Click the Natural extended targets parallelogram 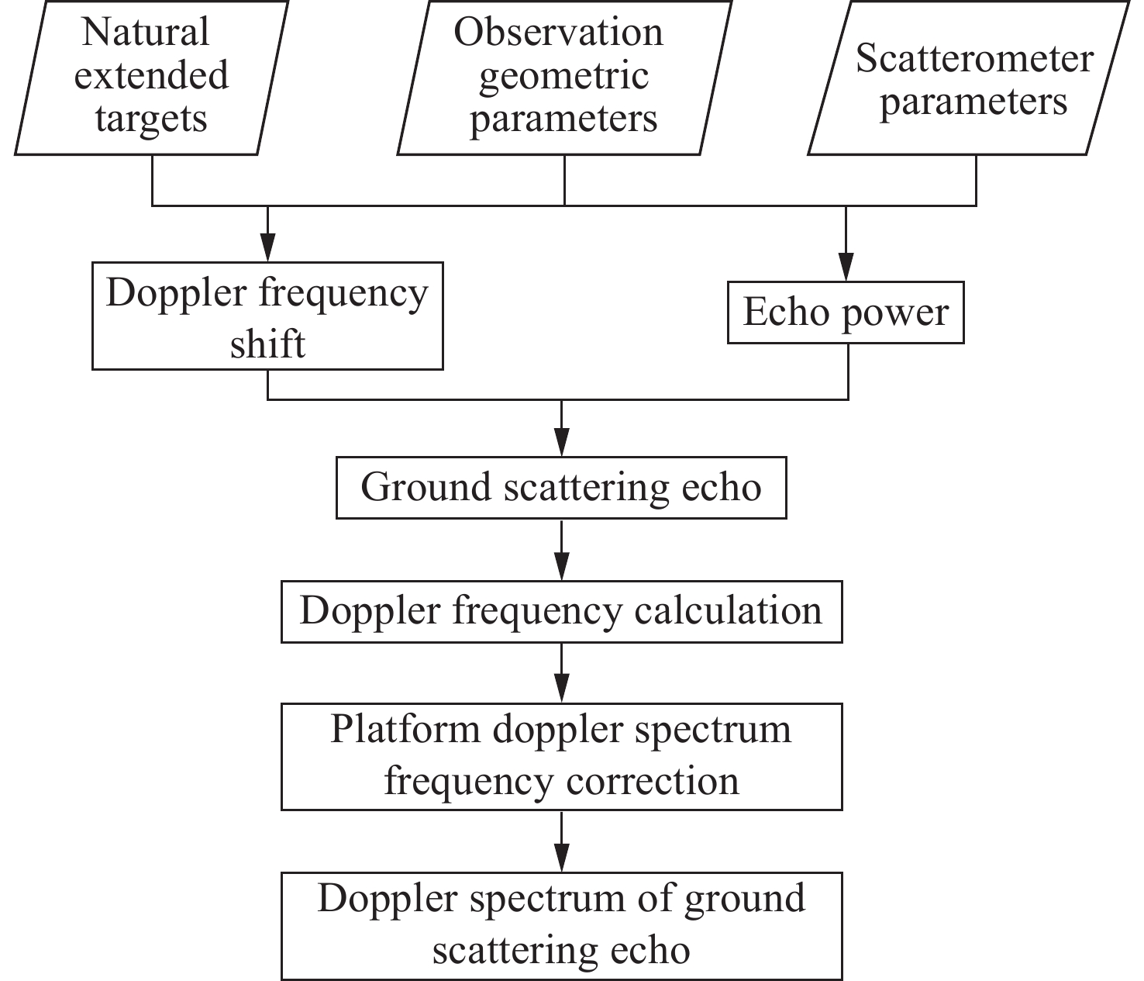coord(151,77)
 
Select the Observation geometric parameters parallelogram coord(563,77)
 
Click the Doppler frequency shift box coord(267,316)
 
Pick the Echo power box coord(846,313)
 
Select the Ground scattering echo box coord(561,488)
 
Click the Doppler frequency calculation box coord(561,611)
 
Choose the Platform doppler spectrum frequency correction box coord(561,756)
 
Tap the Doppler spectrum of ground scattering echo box coord(561,925)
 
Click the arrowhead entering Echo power coord(846,268)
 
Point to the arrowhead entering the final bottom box coord(562,858)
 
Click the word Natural coord(146,33)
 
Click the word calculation coord(728,611)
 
